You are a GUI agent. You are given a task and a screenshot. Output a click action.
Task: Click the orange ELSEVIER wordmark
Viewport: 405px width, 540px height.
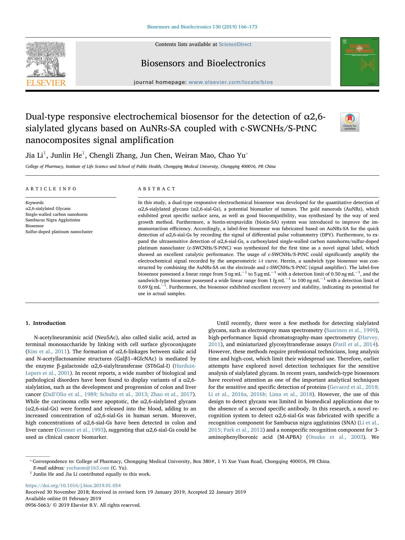pos(46,83)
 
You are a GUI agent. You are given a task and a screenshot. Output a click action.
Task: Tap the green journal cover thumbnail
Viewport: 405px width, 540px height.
pos(360,62)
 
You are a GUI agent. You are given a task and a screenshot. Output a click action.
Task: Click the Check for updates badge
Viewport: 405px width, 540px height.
pos(350,122)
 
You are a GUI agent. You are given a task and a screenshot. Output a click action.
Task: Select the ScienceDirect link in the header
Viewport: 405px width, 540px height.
pos(235,44)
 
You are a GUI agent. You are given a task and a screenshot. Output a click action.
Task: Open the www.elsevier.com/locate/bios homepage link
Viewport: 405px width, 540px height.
pos(230,82)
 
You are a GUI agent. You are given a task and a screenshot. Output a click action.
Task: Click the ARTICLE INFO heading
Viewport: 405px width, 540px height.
pos(51,189)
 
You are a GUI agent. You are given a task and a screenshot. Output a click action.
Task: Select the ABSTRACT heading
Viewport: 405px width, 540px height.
pos(157,189)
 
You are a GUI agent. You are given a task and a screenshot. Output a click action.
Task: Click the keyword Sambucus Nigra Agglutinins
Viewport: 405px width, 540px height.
pos(53,220)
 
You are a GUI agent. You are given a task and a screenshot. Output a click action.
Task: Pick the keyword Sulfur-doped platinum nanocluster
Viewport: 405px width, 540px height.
pos(59,232)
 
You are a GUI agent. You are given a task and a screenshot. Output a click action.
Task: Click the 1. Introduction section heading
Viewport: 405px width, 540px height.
pos(45,323)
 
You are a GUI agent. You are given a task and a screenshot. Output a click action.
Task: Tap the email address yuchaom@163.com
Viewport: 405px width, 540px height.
pos(87,468)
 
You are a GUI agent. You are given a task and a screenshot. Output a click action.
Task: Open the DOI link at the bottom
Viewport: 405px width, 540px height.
pos(73,485)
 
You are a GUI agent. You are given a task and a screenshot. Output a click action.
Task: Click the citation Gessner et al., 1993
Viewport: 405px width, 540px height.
pos(80,430)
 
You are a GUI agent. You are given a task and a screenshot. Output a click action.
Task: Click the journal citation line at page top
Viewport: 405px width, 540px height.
pos(202,27)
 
